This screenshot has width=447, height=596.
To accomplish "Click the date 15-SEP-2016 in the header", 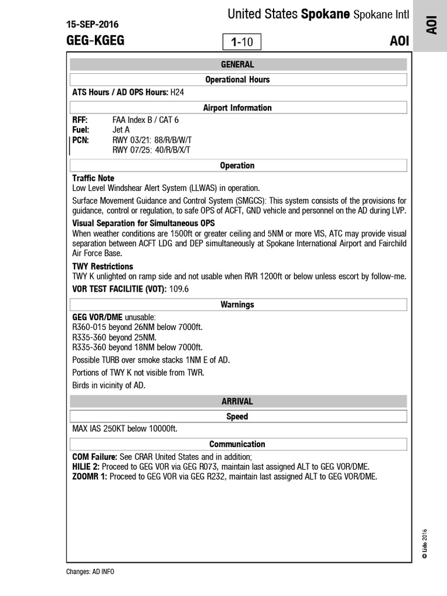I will [93, 24].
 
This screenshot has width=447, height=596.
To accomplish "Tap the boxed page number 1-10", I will [242, 42].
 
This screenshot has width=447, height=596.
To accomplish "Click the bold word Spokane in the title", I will [325, 15].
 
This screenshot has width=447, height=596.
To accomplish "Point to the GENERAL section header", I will [237, 65].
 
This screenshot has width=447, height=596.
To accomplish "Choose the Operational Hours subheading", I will [237, 79].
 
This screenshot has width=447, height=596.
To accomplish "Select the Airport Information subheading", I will [237, 108].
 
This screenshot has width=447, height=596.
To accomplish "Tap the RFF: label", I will [80, 120].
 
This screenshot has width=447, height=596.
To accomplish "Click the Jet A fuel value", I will [121, 130].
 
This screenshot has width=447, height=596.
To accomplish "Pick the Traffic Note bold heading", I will [93, 178].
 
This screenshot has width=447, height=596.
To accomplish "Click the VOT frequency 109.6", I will [179, 289].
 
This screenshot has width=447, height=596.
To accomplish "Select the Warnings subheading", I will [237, 304].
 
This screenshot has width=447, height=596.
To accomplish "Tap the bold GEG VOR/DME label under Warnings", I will [97, 317].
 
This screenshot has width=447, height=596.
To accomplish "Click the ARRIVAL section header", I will [237, 402].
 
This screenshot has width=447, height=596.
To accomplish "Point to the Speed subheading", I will [237, 416].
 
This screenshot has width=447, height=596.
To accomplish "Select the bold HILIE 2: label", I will [86, 467].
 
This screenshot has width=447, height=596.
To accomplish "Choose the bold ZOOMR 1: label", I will [90, 477].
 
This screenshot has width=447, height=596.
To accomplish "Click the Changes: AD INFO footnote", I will [90, 572].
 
